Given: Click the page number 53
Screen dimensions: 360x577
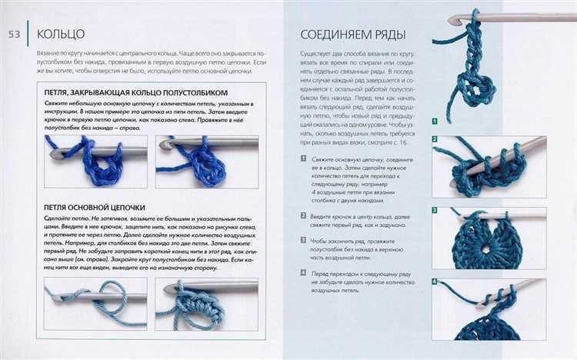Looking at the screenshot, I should tap(15, 33).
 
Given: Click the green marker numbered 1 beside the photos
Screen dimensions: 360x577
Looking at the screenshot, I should tap(435, 121).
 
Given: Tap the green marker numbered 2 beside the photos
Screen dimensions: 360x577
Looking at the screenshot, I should tap(435, 139).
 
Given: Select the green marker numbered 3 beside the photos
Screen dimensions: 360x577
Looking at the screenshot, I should tap(435, 211).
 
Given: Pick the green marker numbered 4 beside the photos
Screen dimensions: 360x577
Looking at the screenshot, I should tap(435, 282).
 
